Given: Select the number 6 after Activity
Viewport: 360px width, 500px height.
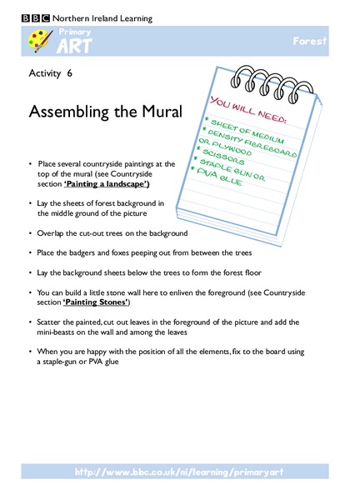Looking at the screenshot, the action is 70,73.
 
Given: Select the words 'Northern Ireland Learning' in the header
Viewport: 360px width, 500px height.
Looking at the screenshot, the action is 96,16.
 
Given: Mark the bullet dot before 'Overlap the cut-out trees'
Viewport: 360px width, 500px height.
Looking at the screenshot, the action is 29,232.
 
